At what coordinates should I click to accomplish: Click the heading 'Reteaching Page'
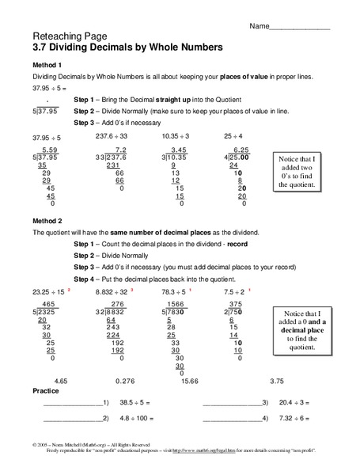(64, 36)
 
